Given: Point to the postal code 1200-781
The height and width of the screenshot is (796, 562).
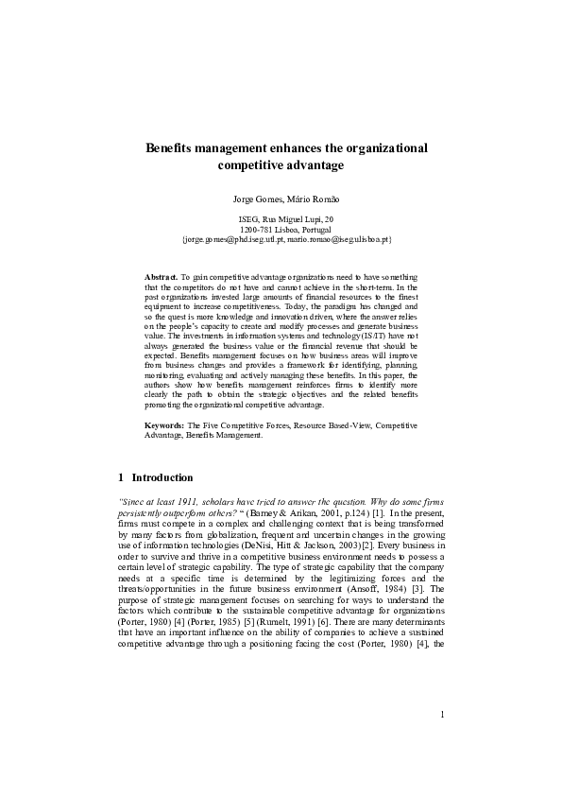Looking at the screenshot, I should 256,230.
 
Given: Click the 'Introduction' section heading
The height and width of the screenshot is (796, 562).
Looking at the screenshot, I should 162,477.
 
